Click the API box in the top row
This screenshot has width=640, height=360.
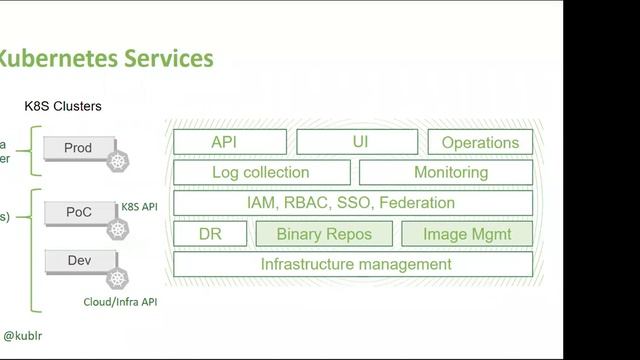click(x=229, y=142)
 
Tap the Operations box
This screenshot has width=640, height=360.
click(x=480, y=142)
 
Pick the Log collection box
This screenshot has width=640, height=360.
click(x=261, y=172)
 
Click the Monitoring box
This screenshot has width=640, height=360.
click(x=450, y=172)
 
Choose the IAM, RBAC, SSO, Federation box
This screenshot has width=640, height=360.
click(x=351, y=203)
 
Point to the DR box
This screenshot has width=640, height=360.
click(x=210, y=234)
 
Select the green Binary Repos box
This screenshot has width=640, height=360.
click(x=323, y=234)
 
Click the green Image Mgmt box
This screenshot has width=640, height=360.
click(x=466, y=234)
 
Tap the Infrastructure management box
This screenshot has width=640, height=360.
click(x=355, y=264)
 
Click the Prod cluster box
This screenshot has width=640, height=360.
click(x=78, y=148)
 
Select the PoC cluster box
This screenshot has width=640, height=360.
click(x=78, y=213)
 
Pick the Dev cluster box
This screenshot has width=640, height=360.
click(x=78, y=261)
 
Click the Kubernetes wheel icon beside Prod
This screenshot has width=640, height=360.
click(x=120, y=161)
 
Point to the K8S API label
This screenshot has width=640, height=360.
click(x=140, y=207)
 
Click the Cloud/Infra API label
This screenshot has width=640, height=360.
click(x=119, y=301)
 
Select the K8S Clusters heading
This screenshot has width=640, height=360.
click(x=63, y=105)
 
